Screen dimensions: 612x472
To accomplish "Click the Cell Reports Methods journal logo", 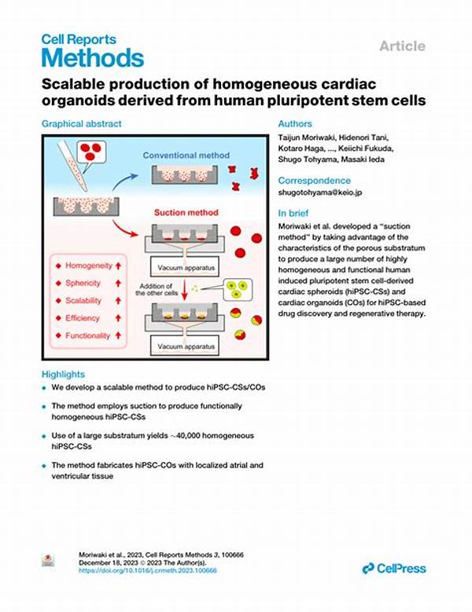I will (92, 49).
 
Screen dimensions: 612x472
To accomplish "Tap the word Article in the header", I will (403, 46).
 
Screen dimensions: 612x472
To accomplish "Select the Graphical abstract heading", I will (82, 123).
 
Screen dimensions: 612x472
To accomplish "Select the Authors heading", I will (295, 123).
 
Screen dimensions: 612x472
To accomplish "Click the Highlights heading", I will (63, 374).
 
